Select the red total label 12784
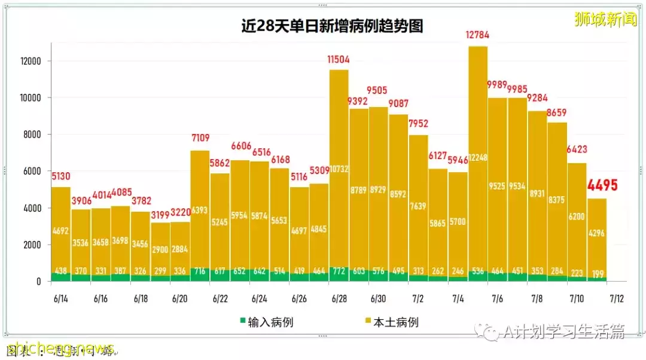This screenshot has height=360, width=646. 477,35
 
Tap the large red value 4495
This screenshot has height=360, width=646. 601,185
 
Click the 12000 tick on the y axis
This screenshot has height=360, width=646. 29,61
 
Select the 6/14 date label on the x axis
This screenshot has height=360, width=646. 61,298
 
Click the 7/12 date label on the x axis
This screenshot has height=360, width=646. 616,298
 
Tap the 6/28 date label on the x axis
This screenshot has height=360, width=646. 339,298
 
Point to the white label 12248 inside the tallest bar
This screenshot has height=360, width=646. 477,174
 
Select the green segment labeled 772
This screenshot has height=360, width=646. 339,271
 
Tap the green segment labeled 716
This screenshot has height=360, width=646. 200,271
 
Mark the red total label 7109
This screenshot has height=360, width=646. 200,139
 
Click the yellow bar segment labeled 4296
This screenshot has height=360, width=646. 596,233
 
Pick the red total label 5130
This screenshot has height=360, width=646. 61,176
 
